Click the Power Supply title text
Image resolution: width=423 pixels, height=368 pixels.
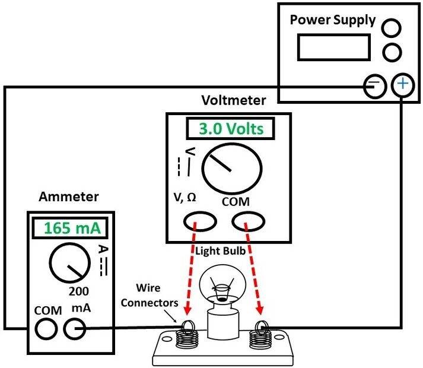coord(332,20)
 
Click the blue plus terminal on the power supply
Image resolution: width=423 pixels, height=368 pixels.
coord(403,86)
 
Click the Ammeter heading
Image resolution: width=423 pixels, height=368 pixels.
coord(69,196)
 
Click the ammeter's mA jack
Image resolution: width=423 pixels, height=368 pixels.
coord(75,328)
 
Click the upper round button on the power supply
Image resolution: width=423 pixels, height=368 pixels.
coord(391,27)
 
